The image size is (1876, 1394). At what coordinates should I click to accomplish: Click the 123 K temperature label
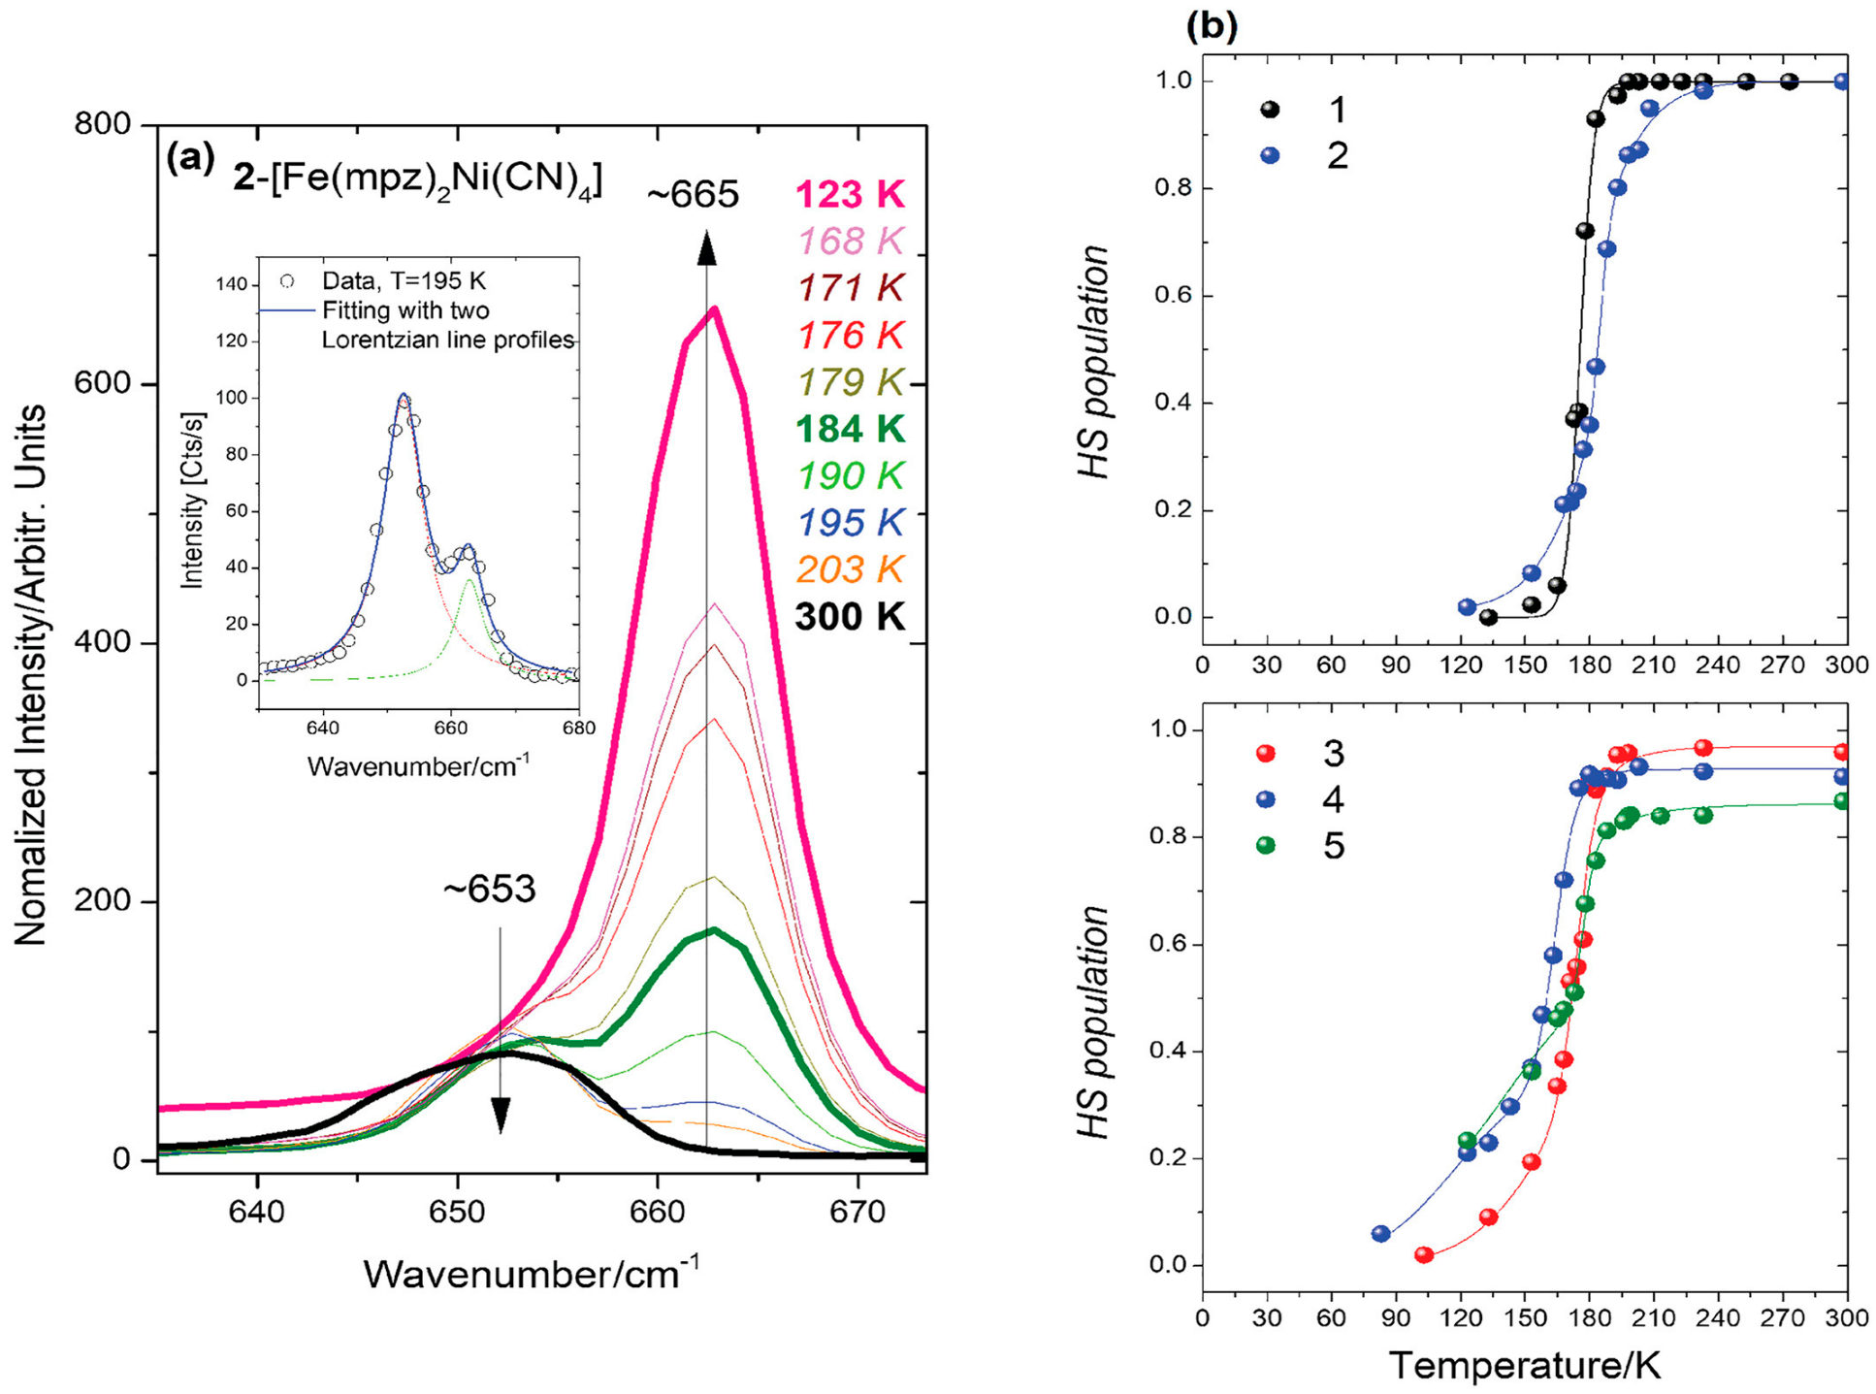tap(849, 194)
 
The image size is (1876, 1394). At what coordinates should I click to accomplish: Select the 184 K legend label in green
tap(849, 429)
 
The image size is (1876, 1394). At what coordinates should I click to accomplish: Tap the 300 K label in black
tap(849, 617)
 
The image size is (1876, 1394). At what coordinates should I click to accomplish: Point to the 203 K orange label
tap(849, 569)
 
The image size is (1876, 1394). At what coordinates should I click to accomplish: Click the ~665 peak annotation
tap(693, 195)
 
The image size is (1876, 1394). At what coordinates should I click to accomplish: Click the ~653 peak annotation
tap(489, 890)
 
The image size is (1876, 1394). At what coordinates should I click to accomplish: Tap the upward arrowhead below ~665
tap(707, 249)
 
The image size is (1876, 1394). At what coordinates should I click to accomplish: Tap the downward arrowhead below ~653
tap(501, 1115)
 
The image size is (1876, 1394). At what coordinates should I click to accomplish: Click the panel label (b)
tap(1212, 26)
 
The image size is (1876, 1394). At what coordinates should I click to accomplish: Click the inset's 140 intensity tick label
tap(231, 284)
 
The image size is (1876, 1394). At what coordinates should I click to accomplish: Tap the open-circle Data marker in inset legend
tap(287, 281)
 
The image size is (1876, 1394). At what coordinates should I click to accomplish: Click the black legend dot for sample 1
tap(1269, 110)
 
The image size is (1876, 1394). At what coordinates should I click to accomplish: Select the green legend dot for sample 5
tap(1265, 846)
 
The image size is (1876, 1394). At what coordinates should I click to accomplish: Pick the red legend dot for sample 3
tap(1265, 753)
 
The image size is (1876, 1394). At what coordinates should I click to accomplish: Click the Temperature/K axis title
tap(1525, 1366)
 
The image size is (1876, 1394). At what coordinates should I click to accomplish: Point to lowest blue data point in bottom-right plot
tap(1381, 1234)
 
